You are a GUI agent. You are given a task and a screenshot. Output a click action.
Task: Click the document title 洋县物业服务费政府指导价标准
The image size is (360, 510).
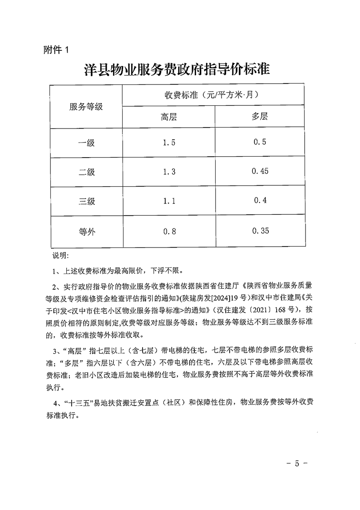177,70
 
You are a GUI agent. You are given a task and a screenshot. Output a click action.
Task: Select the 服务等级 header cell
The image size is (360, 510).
86,107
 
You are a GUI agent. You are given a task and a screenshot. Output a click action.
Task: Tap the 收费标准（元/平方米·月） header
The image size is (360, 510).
214,95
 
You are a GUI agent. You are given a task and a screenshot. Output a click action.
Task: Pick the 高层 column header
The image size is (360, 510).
169,117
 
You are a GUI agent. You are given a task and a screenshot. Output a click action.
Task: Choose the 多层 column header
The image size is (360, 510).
260,116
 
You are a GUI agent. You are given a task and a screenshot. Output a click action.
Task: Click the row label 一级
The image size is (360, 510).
86,143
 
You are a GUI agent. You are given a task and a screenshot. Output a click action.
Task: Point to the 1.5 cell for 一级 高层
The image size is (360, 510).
169,143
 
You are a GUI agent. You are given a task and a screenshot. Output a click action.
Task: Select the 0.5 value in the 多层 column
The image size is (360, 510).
260,142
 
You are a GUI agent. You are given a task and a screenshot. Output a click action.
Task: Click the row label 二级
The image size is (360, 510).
86,172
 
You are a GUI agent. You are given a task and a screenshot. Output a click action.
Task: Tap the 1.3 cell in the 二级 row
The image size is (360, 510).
169,172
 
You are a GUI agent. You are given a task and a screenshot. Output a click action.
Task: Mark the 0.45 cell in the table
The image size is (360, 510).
260,171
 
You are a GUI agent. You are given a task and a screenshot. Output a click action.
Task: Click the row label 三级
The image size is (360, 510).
86,201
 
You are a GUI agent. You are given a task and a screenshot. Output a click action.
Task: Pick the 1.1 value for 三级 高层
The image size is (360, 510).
169,201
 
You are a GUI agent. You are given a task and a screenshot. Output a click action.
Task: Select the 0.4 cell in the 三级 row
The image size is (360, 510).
260,200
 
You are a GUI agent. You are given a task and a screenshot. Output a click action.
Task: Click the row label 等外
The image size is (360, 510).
86,232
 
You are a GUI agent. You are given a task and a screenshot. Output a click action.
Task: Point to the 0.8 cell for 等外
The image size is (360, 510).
169,232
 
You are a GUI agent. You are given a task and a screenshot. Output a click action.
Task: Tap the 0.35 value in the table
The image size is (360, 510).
260,231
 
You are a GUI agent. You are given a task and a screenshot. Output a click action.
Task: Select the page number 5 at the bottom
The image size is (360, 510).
298,464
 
